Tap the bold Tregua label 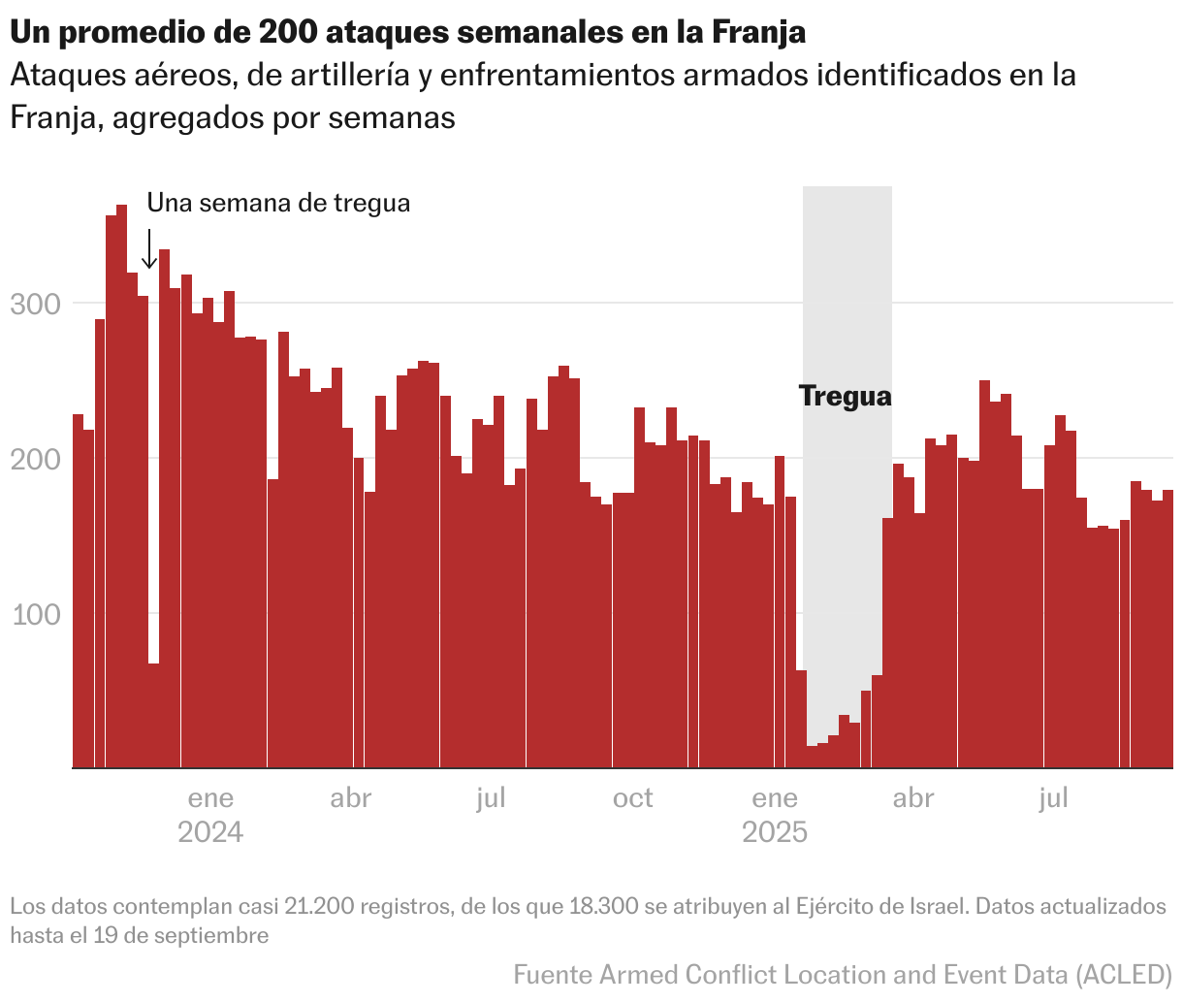click(x=845, y=396)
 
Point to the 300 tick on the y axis click(x=35, y=304)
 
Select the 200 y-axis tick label click(x=35, y=459)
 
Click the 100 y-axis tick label click(x=35, y=614)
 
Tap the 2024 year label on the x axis click(x=210, y=832)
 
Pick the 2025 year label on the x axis click(x=775, y=832)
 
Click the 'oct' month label click(x=633, y=798)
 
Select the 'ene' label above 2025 click(x=775, y=798)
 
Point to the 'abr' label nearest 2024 click(x=351, y=798)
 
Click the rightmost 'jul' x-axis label click(x=1054, y=798)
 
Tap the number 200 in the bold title click(x=288, y=32)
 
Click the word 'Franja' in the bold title click(x=757, y=32)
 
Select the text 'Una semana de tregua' click(x=278, y=203)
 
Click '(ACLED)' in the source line click(x=1126, y=974)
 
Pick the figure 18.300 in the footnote click(x=603, y=906)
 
